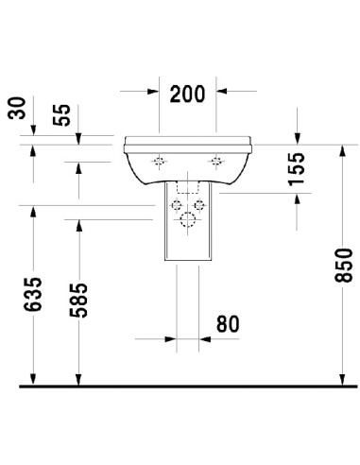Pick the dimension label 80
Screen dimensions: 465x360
[x=226, y=324]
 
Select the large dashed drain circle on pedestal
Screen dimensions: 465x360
[x=188, y=220]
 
